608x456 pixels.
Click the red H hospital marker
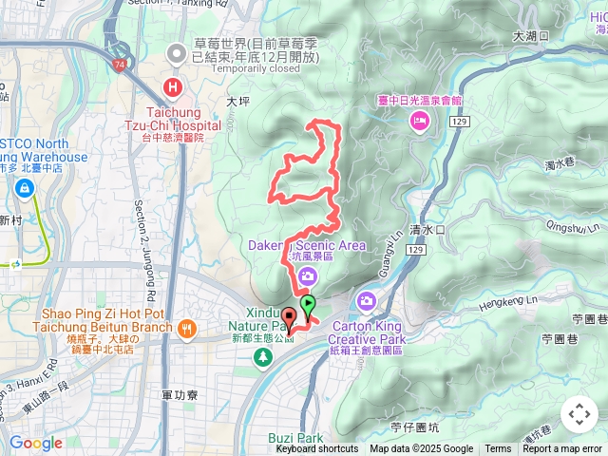[x=173, y=88]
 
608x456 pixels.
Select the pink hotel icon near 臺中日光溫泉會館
[x=418, y=120]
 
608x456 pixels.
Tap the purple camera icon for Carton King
[x=367, y=301]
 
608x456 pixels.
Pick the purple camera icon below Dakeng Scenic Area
[x=307, y=276]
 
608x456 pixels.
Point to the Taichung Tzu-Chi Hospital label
[x=173, y=118]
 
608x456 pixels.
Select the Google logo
[x=35, y=443]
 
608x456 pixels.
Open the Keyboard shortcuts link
[x=317, y=448]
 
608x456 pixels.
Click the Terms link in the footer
[x=498, y=448]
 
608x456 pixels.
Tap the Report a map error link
[x=563, y=448]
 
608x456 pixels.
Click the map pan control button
[x=579, y=414]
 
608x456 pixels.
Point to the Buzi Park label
[x=295, y=438]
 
